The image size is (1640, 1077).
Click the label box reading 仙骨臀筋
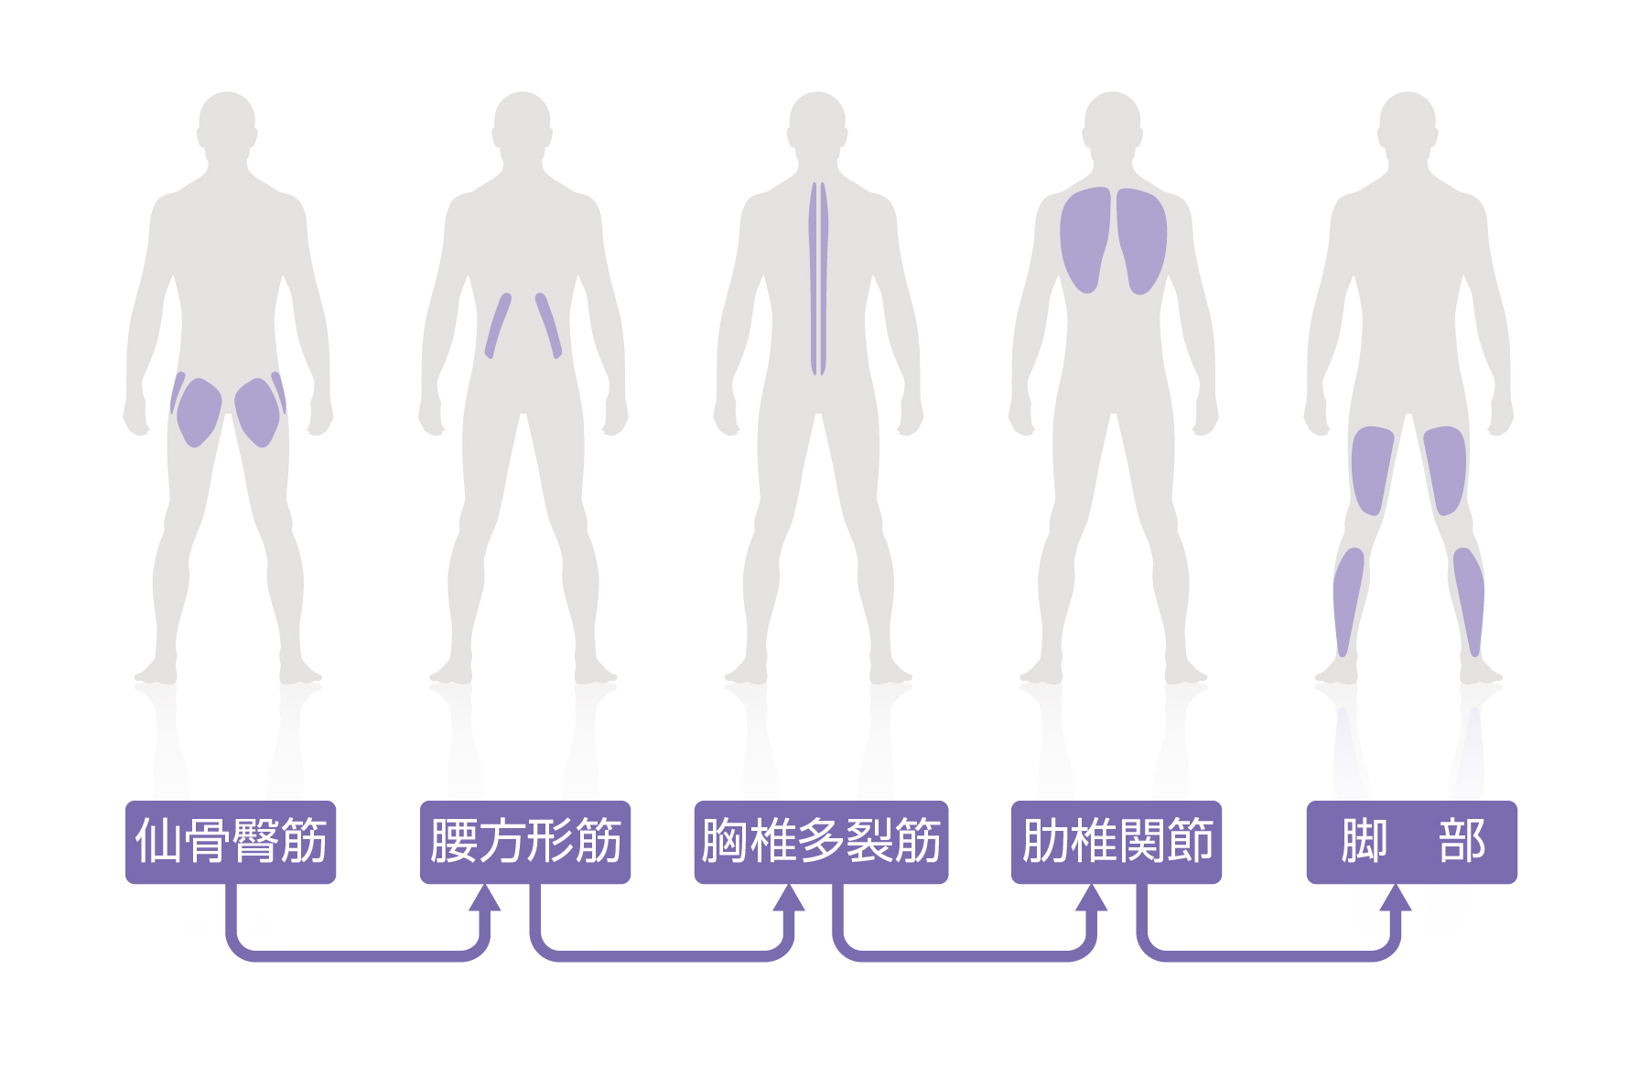(x=231, y=842)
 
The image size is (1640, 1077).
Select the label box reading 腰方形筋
(x=525, y=842)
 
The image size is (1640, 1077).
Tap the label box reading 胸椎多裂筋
(x=821, y=842)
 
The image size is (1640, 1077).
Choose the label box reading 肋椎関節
(x=1117, y=842)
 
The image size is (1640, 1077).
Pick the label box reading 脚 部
(x=1411, y=842)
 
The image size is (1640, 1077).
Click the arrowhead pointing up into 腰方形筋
(x=485, y=898)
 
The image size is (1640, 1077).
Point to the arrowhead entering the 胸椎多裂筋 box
(x=788, y=898)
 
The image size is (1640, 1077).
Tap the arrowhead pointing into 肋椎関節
(x=1091, y=898)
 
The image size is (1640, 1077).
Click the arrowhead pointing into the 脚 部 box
(x=1395, y=898)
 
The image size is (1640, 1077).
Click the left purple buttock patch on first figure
(x=199, y=412)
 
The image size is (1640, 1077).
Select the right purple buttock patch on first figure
(x=257, y=412)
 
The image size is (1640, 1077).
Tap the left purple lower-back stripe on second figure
(x=497, y=326)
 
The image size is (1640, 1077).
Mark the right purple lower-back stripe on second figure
(x=548, y=326)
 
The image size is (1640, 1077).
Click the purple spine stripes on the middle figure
(x=818, y=279)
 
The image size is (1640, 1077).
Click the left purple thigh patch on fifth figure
(x=1371, y=469)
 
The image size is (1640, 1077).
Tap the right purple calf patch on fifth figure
(x=1469, y=599)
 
